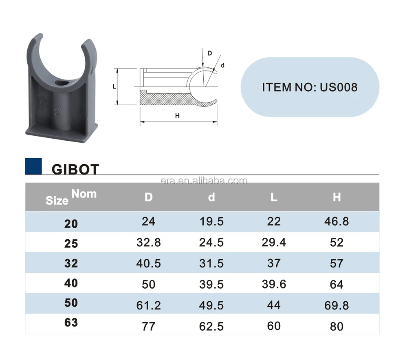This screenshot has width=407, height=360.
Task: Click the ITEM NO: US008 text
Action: [x=309, y=87]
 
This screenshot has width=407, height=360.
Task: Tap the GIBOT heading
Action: [x=75, y=169]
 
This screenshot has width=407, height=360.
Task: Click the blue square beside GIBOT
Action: [x=33, y=166]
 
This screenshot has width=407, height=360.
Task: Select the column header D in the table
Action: [x=149, y=197]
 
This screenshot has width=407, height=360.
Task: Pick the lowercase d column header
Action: [x=211, y=197]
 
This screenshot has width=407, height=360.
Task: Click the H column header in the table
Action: [x=337, y=197]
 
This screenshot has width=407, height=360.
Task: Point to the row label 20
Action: [x=71, y=223]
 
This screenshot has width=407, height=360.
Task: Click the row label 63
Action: [x=71, y=323]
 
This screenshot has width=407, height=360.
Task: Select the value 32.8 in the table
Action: [x=149, y=243]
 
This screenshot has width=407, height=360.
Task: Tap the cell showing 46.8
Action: [x=337, y=221]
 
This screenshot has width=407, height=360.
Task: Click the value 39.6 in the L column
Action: [x=274, y=284]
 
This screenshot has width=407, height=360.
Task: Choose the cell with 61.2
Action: [x=149, y=305]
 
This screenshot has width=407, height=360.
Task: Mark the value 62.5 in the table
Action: [x=211, y=326]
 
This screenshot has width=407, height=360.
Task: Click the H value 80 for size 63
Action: [x=337, y=326]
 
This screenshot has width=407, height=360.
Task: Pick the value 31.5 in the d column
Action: [x=211, y=263]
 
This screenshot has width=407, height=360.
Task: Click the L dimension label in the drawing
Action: [x=114, y=87]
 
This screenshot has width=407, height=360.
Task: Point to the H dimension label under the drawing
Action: [x=177, y=116]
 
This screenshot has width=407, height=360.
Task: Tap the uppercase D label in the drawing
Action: [x=210, y=53]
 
